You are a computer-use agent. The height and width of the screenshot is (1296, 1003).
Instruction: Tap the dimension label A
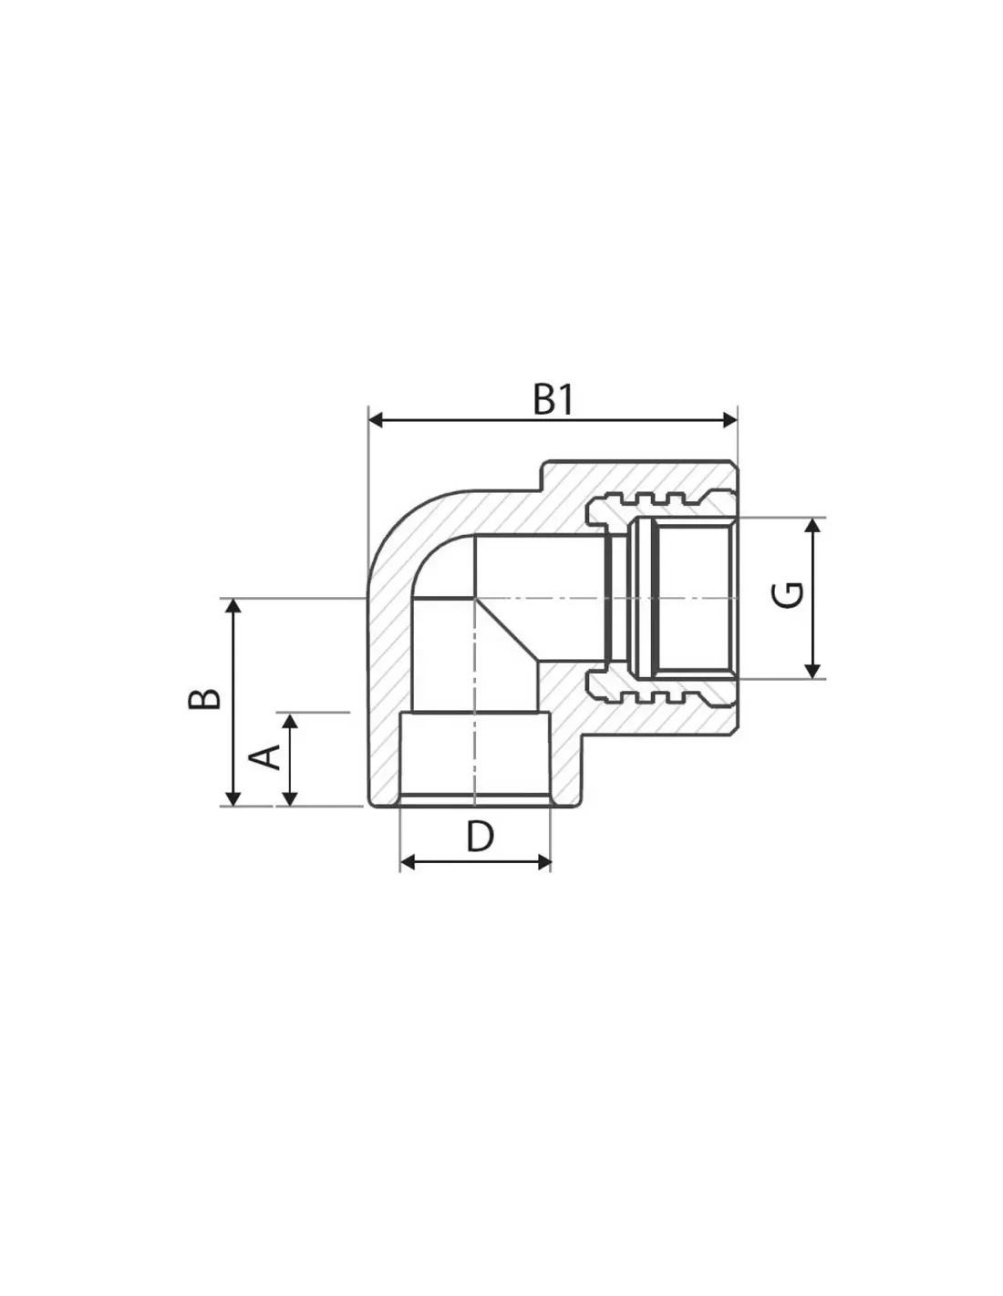click(x=264, y=756)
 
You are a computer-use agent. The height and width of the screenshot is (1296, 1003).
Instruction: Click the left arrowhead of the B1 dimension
click(x=376, y=420)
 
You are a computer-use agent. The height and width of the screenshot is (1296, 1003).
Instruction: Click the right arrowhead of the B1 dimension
click(x=729, y=420)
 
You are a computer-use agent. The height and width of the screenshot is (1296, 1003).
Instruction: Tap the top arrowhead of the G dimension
click(x=812, y=526)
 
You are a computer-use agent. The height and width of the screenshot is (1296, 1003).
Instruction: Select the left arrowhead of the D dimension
click(x=408, y=862)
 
